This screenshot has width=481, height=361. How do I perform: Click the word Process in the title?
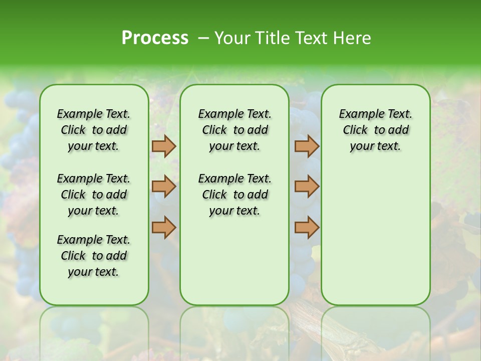155,38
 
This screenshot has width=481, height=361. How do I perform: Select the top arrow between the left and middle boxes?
163,146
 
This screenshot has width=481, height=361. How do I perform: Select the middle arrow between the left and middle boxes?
163,187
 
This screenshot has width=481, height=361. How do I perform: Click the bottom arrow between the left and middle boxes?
163,227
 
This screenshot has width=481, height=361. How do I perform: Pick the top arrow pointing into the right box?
307,146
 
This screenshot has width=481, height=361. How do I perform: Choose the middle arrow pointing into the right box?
307,187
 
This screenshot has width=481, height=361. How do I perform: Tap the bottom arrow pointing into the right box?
307,227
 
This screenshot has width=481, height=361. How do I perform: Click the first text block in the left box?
94,130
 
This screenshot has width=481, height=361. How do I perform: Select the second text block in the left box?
94,195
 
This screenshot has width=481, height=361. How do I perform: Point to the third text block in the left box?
94,256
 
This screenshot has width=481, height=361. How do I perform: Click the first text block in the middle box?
234,130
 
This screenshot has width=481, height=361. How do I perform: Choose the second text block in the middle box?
234,195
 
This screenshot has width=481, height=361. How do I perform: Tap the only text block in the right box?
375,130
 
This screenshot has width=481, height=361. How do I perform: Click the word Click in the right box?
355,130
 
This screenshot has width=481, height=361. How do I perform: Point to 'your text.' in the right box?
375,146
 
